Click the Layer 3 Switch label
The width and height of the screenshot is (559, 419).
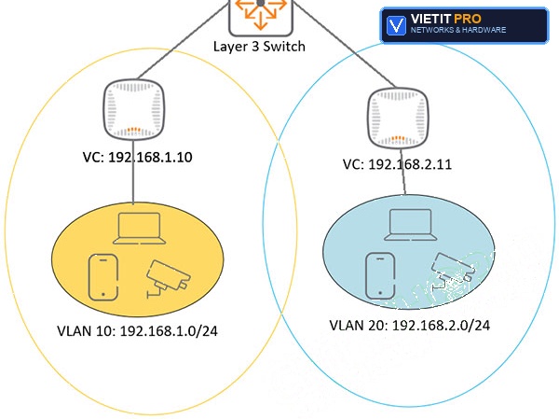point(259,47)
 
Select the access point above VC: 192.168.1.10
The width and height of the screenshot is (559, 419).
point(134,109)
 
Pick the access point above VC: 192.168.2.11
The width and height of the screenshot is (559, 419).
point(398,119)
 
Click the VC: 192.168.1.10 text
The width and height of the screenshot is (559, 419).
point(138,157)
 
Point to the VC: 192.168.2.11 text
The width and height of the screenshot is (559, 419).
point(397,164)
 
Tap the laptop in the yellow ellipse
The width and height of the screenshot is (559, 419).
point(140,229)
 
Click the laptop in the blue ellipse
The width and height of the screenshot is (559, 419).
point(410,225)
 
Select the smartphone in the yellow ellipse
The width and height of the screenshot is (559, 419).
point(103,277)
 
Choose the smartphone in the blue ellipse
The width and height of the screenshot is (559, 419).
point(380,275)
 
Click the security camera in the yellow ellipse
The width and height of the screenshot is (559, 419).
point(169,278)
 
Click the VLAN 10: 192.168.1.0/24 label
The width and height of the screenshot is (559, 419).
point(137,331)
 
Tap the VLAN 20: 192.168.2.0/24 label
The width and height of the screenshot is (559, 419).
point(410,326)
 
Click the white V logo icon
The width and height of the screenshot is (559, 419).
point(396,25)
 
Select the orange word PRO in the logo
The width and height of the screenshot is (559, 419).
point(468,19)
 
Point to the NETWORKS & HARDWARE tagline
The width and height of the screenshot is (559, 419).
point(458,30)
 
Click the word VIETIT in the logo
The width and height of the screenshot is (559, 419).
point(431,19)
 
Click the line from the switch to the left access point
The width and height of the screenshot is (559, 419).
point(183,39)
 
